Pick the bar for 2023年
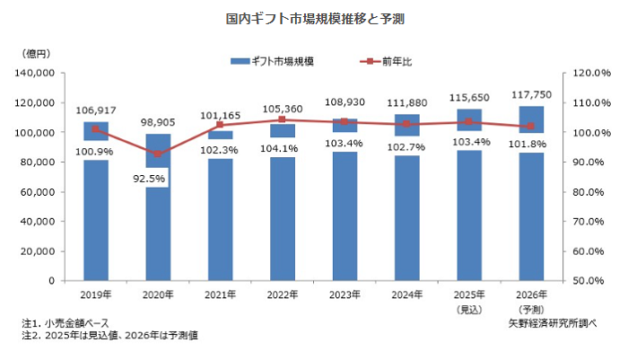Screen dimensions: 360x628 pos(345,224)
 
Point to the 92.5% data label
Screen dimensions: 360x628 pos(158,180)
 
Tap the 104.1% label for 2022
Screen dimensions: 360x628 pos(282,150)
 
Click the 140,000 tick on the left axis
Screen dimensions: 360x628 pos(39,73)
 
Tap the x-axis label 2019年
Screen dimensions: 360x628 pos(96,294)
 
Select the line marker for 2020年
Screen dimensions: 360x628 pos(159,154)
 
